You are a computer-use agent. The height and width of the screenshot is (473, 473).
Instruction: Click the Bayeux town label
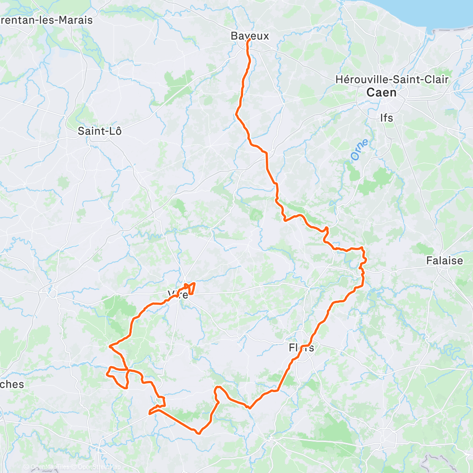(250, 36)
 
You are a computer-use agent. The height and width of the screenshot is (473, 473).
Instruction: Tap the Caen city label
(382, 93)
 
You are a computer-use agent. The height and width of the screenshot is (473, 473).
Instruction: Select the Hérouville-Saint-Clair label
(392, 79)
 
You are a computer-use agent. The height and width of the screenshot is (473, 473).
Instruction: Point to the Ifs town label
(386, 118)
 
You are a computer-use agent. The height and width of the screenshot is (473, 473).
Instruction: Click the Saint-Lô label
(100, 131)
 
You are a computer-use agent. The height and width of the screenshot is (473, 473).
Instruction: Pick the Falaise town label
(445, 261)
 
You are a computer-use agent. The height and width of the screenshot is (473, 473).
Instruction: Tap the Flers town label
(301, 348)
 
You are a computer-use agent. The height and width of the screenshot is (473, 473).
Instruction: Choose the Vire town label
(178, 295)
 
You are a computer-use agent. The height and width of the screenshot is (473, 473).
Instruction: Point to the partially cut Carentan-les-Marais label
(46, 21)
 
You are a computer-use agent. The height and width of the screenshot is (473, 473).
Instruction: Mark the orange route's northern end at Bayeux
(249, 41)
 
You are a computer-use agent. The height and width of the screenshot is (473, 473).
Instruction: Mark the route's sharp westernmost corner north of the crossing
(110, 347)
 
